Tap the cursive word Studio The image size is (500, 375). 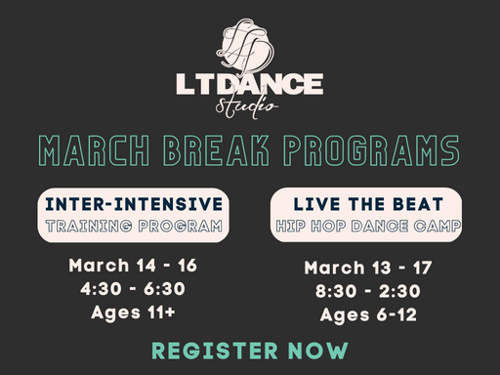(251, 105)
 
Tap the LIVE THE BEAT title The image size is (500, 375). (365, 204)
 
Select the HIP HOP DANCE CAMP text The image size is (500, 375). (365, 227)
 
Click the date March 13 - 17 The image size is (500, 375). (366, 268)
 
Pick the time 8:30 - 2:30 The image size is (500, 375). (366, 291)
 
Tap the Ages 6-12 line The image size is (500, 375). (366, 314)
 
